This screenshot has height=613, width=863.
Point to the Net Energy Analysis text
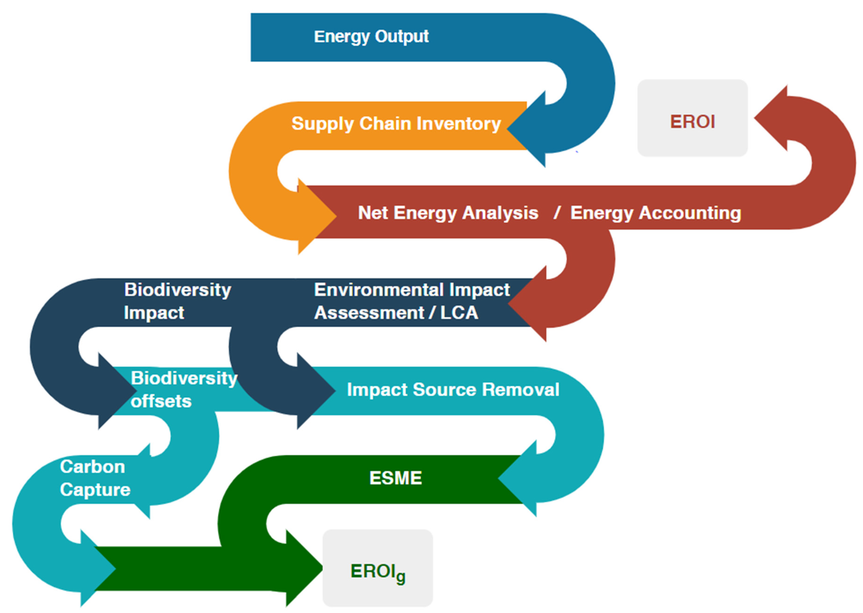point(448,213)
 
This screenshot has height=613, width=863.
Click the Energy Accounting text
point(655,213)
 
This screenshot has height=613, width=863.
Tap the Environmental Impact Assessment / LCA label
point(412,301)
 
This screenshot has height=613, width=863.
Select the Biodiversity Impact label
point(177,301)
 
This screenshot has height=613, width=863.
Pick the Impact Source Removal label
point(453,390)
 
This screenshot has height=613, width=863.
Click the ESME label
point(395,478)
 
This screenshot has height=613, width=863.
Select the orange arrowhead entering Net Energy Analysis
point(315,216)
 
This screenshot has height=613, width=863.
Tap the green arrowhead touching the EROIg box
point(302,568)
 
